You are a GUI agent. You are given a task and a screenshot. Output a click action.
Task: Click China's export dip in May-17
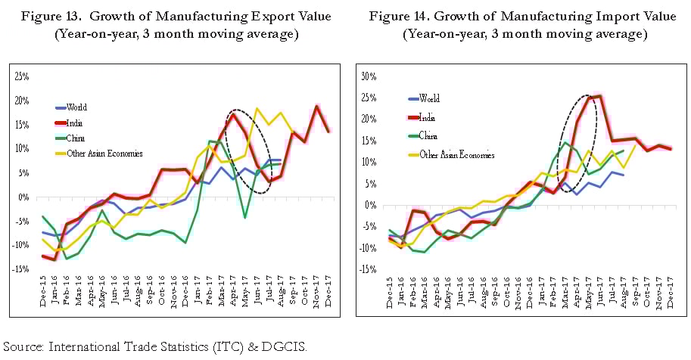coord(245,218)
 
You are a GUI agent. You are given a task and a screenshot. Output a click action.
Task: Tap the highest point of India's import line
coord(599,96)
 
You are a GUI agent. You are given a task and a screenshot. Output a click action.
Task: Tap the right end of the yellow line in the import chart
coord(634,145)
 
